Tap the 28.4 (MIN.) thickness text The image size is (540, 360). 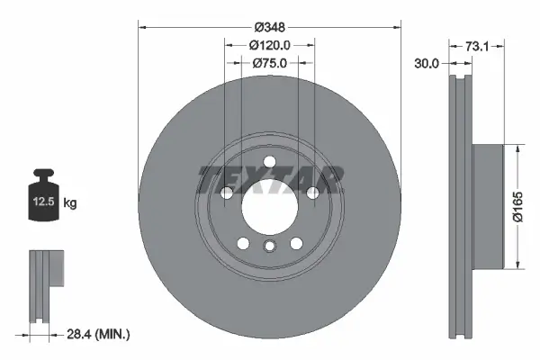coord(99,334)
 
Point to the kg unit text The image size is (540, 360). coord(71,203)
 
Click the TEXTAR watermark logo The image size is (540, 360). coord(268,180)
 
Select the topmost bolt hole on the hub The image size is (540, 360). coord(268,162)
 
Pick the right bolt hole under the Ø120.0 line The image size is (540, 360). coord(312,193)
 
